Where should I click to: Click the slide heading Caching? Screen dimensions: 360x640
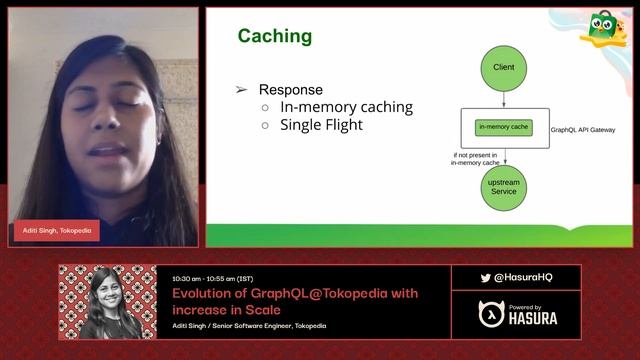coord(274,37)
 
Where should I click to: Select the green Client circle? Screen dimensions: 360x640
coord(504,67)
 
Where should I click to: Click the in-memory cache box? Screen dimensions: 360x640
coord(504,127)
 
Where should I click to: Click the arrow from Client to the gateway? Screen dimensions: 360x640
coord(504,99)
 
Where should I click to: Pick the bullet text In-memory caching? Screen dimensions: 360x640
coord(346,107)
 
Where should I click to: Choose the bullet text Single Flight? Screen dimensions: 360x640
coord(321,125)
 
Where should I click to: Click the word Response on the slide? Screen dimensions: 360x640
coord(292,89)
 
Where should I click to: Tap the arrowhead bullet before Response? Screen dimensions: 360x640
coord(241,90)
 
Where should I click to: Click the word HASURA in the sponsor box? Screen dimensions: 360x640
coord(533,318)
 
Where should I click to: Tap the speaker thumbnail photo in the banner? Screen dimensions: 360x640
coord(108,301)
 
